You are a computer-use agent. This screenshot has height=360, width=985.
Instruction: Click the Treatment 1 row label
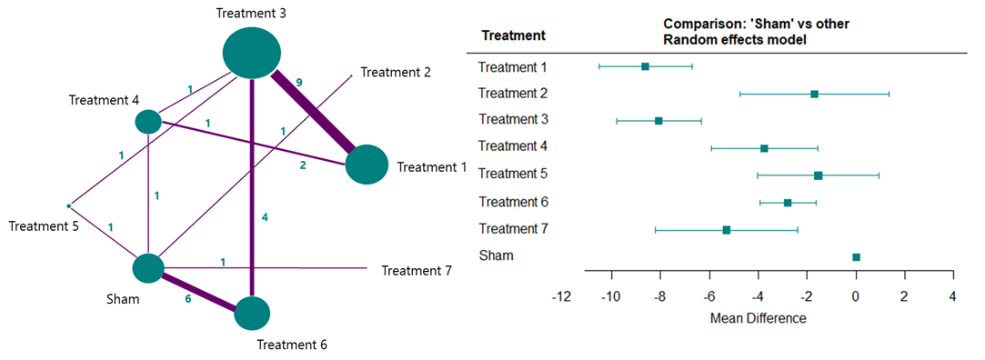pyautogui.click(x=511, y=66)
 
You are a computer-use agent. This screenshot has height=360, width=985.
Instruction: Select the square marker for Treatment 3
pyautogui.click(x=658, y=120)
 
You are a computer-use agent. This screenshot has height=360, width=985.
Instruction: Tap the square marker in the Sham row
pyautogui.click(x=856, y=257)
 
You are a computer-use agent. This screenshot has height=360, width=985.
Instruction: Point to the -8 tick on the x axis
pyautogui.click(x=659, y=296)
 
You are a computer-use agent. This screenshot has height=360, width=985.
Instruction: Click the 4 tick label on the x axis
pyautogui.click(x=952, y=296)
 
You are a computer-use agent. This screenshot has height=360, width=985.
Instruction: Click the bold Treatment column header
pyautogui.click(x=513, y=36)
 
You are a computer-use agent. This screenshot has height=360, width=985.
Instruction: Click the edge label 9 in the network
pyautogui.click(x=299, y=83)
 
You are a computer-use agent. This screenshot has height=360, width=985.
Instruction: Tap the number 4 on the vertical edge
pyautogui.click(x=265, y=218)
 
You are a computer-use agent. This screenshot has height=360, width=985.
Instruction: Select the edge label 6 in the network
pyautogui.click(x=187, y=298)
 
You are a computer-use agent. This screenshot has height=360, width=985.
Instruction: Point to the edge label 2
pyautogui.click(x=303, y=165)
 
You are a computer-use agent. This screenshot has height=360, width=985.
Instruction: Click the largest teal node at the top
pyautogui.click(x=251, y=52)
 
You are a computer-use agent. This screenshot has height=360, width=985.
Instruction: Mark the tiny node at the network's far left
pyautogui.click(x=68, y=206)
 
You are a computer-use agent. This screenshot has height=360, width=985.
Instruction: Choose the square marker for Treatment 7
pyautogui.click(x=726, y=230)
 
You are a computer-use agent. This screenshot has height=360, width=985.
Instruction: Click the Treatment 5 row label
pyautogui.click(x=511, y=174)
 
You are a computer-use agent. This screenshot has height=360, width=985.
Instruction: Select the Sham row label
pyautogui.click(x=496, y=255)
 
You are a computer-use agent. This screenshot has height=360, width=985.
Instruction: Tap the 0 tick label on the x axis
pyautogui.click(x=856, y=296)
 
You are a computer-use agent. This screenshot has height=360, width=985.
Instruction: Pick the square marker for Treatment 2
pyautogui.click(x=814, y=94)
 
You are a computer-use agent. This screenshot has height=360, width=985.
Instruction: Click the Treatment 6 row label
pyautogui.click(x=511, y=201)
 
